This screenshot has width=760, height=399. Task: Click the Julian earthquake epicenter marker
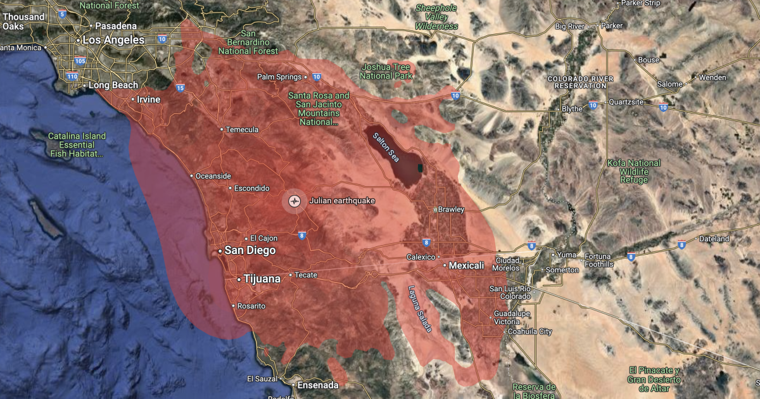pos(294,201)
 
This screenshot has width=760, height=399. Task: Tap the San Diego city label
pos(250,251)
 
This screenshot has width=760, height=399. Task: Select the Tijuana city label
pos(262,279)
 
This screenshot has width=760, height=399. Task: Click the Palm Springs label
pos(279,77)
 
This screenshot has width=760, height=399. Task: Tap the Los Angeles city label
pos(113,40)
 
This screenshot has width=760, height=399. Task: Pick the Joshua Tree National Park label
pos(386,71)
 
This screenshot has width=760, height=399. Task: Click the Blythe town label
pos(572,109)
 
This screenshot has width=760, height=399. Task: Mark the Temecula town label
pos(243,130)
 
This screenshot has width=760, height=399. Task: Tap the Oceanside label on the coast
pos(214,176)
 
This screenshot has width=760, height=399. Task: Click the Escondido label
pos(251,189)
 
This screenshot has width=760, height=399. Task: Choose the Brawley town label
pos(452,210)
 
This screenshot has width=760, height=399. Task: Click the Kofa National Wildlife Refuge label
pos(633,172)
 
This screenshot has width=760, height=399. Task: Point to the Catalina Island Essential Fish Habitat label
pos(77,145)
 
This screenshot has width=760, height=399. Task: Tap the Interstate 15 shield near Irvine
pos(180,88)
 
